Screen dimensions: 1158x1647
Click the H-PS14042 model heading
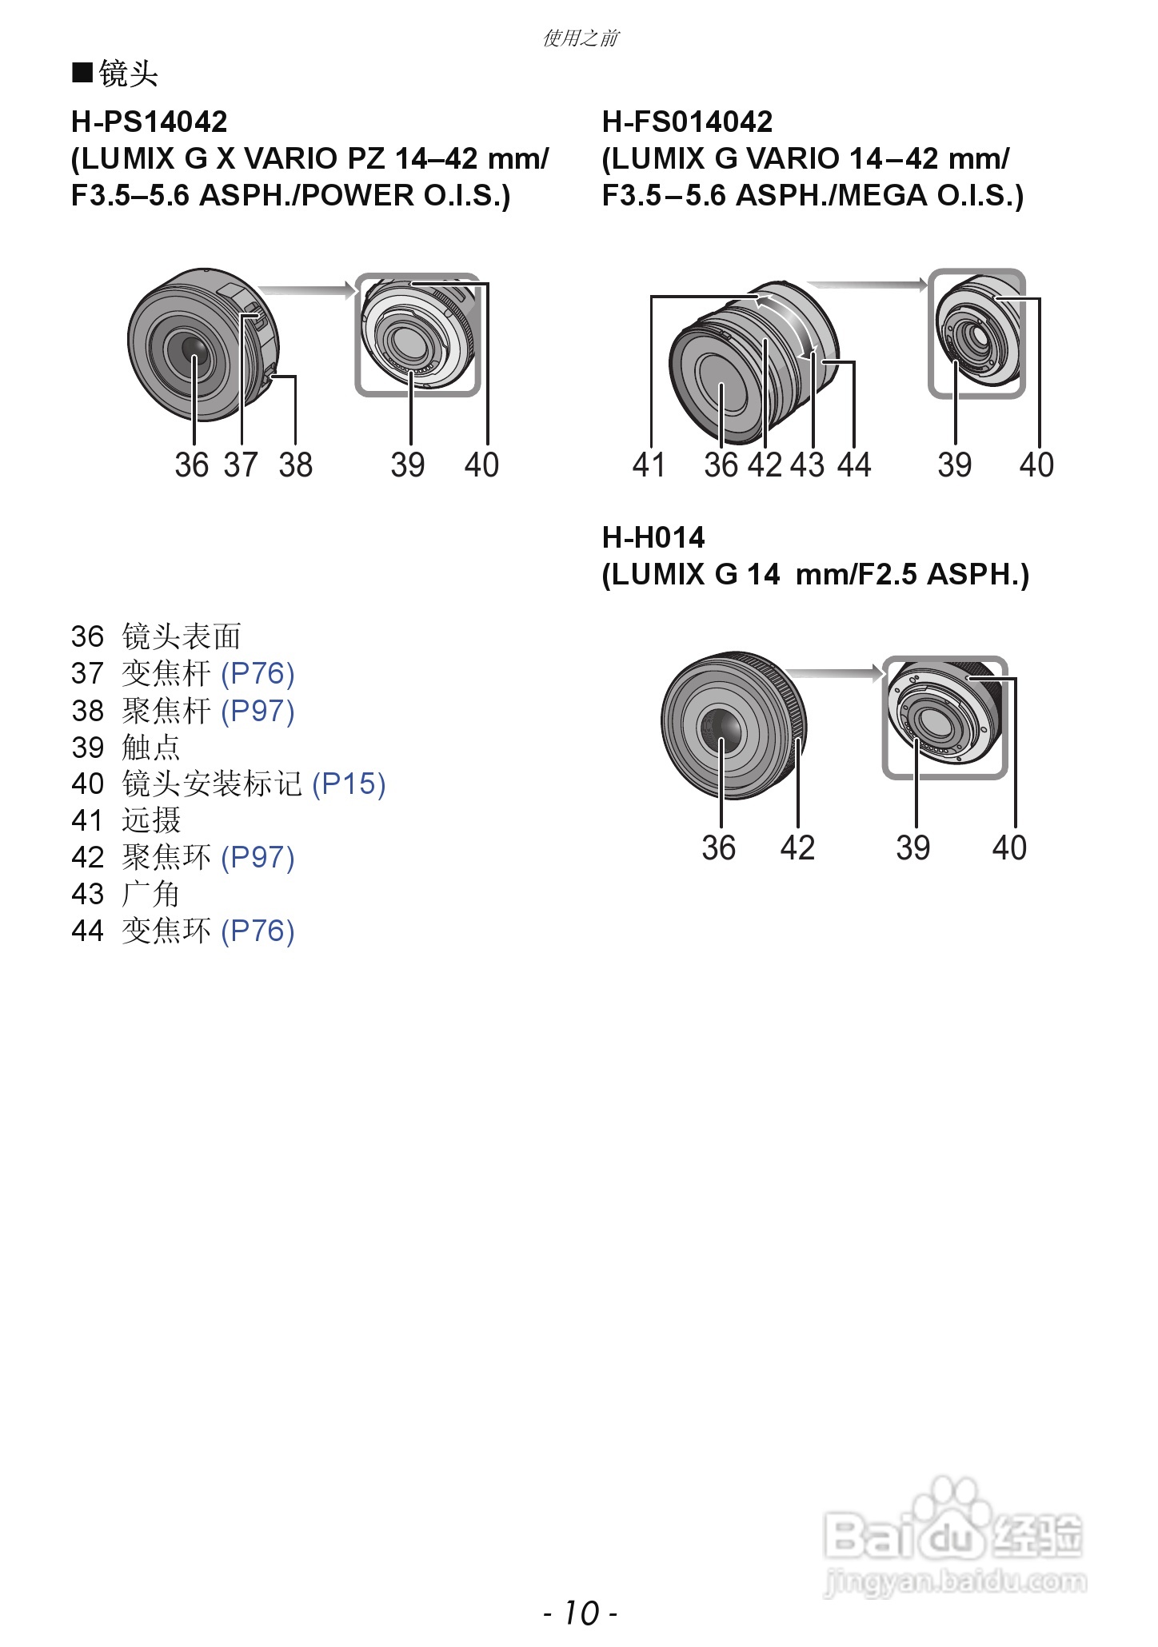pyautogui.click(x=150, y=122)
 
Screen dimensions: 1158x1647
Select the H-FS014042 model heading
pyautogui.click(x=687, y=122)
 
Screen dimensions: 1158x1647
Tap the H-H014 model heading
pyautogui.click(x=653, y=537)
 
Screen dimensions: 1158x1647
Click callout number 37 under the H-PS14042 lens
pyautogui.click(x=241, y=465)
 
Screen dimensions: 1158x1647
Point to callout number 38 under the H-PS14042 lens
pyautogui.click(x=295, y=465)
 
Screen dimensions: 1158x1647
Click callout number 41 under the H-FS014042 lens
pyautogui.click(x=649, y=465)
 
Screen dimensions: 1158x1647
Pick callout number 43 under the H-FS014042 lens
pyautogui.click(x=807, y=465)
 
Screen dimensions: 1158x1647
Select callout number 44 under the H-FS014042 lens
pyautogui.click(x=854, y=465)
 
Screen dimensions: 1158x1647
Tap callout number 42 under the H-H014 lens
pyautogui.click(x=797, y=847)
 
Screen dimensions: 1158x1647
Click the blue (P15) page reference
pyautogui.click(x=349, y=784)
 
